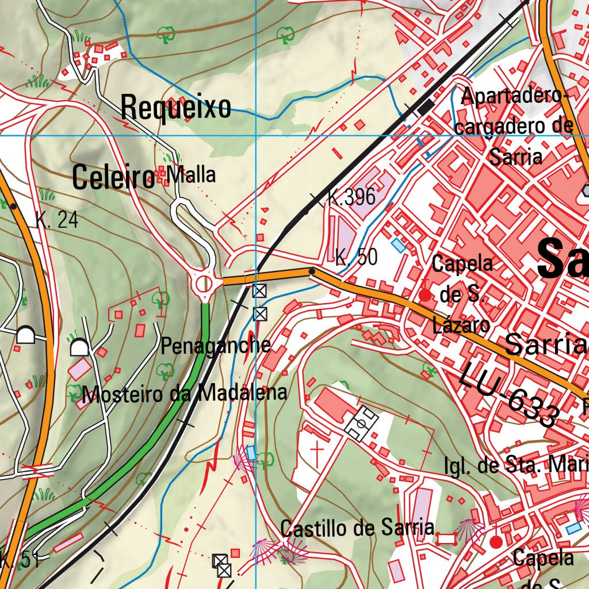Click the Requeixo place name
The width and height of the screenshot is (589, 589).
click(176, 108)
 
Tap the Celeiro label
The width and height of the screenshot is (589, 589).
click(113, 178)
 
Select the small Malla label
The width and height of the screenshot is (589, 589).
click(191, 175)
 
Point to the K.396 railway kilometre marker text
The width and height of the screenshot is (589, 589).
click(351, 197)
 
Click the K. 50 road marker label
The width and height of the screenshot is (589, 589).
click(357, 258)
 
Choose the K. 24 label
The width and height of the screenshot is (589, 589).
click(56, 220)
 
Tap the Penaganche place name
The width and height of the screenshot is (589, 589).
click(216, 346)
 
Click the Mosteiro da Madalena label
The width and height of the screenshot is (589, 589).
click(184, 394)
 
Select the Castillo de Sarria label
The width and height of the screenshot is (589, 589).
click(357, 527)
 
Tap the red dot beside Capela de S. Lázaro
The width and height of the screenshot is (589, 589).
click(425, 296)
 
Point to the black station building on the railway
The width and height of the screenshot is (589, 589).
click(426, 107)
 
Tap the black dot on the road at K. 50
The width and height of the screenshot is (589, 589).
click(312, 271)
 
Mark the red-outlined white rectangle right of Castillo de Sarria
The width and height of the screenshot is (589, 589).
click(447, 539)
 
